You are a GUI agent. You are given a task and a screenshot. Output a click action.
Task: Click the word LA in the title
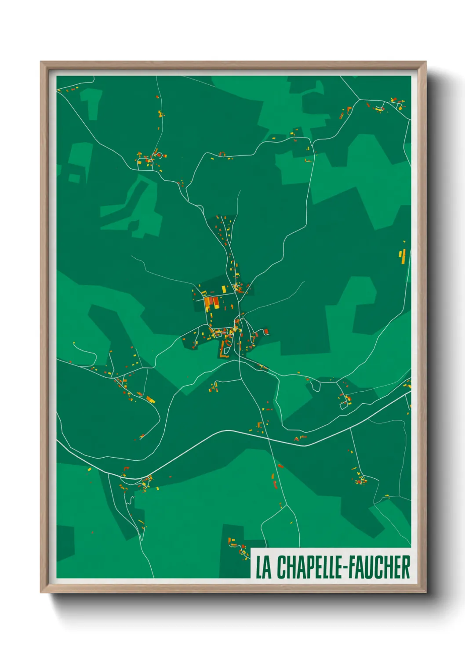tap(263, 567)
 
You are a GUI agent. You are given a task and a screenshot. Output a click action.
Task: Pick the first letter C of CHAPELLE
tap(281, 567)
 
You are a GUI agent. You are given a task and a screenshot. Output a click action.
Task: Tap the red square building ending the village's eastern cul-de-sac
tap(266, 332)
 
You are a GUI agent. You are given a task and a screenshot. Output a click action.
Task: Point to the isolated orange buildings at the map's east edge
tap(402, 255)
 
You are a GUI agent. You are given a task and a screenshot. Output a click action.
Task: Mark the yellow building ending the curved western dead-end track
tap(74, 343)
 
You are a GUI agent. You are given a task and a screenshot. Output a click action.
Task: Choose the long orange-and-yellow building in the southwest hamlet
tap(150, 400)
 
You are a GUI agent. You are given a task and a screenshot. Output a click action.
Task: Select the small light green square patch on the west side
tap(74, 178)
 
